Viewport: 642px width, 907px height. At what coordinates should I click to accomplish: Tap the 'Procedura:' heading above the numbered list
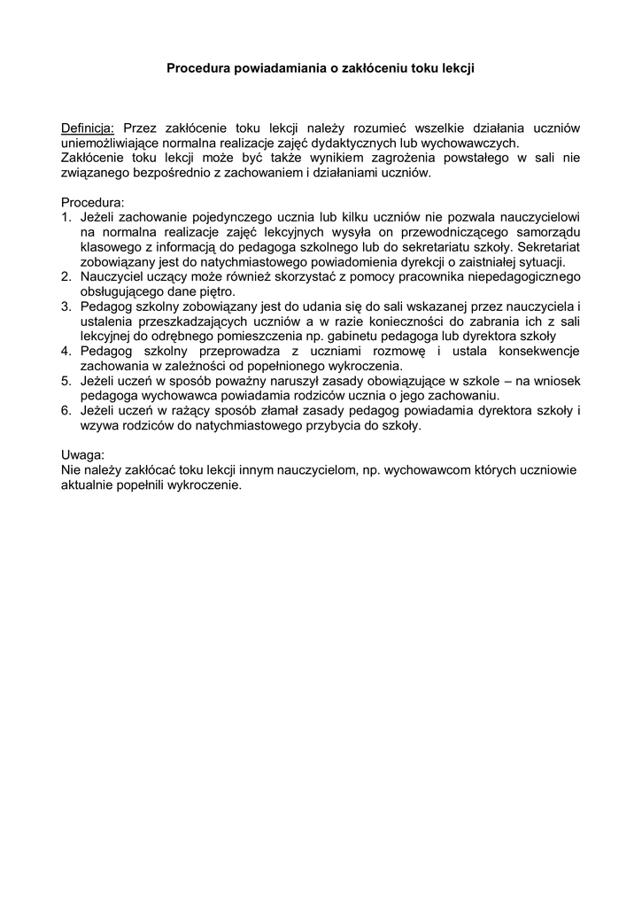click(93, 202)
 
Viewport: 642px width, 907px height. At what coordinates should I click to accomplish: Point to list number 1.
click(66, 217)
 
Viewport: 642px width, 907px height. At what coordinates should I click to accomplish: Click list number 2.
click(66, 277)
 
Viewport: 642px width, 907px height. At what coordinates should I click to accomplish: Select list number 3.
click(66, 306)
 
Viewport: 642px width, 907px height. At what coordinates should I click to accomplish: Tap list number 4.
click(66, 352)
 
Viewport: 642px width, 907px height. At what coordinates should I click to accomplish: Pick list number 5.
click(66, 382)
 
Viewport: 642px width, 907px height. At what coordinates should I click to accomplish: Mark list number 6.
click(66, 412)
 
